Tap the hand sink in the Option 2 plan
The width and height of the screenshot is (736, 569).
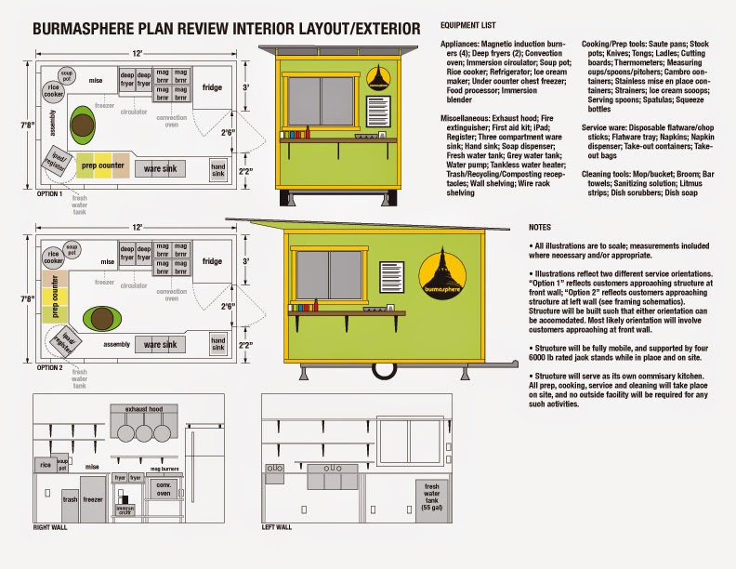pyautogui.click(x=217, y=344)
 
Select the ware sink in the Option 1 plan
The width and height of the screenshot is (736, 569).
pyautogui.click(x=160, y=168)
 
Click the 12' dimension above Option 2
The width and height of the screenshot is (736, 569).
pyautogui.click(x=138, y=227)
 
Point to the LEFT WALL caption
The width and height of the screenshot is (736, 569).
pyautogui.click(x=277, y=527)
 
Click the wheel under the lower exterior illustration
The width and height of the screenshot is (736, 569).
pyautogui.click(x=381, y=372)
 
